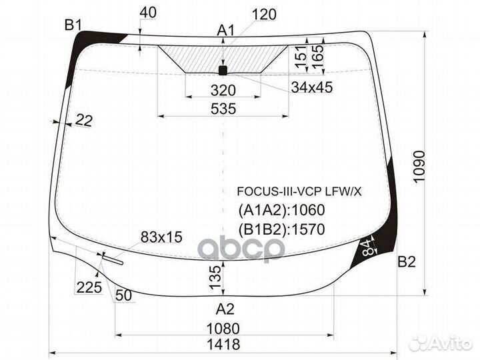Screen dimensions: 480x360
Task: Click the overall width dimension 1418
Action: (223, 345)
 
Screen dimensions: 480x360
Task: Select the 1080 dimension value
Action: (223, 329)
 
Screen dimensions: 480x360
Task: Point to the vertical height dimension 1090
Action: (419, 167)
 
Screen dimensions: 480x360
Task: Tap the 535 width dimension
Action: (223, 109)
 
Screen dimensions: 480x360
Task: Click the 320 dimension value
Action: (223, 90)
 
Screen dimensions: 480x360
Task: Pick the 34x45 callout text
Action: (311, 87)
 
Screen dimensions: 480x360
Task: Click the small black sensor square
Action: (223, 71)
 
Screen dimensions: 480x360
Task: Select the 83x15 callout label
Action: (161, 237)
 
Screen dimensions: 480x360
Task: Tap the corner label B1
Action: (73, 25)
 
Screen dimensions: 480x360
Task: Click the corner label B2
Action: (407, 262)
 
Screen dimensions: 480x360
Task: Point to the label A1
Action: (226, 31)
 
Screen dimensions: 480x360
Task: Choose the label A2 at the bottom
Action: (225, 309)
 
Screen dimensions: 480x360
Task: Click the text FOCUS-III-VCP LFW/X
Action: (299, 191)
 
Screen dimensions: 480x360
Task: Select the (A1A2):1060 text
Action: (281, 210)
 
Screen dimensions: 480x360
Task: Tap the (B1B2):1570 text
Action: (281, 229)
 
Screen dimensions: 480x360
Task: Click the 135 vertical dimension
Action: (215, 277)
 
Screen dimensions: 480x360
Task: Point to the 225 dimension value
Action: (89, 287)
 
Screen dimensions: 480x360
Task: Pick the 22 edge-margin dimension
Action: (83, 120)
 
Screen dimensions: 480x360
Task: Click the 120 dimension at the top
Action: (264, 15)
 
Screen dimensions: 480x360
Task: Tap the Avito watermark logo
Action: (441, 343)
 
